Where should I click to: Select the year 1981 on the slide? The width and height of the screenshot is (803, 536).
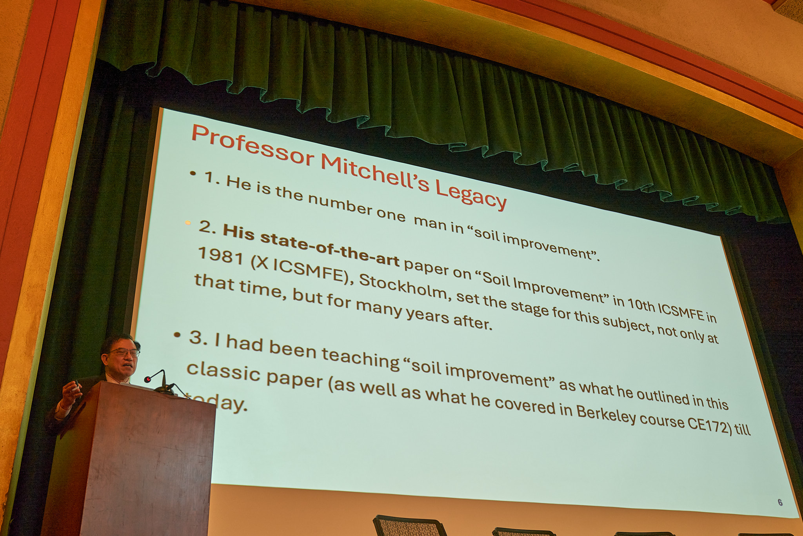[x=221, y=256]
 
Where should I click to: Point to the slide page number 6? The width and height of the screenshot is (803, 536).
[x=780, y=502]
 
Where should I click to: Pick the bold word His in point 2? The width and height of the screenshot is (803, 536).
[x=239, y=232]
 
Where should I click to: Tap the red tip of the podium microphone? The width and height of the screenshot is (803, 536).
[x=147, y=379]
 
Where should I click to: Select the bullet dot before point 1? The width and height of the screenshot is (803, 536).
[x=193, y=173]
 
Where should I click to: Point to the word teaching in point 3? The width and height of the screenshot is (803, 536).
[x=360, y=359]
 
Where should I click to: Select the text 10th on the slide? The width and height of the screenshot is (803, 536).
[x=641, y=304]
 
